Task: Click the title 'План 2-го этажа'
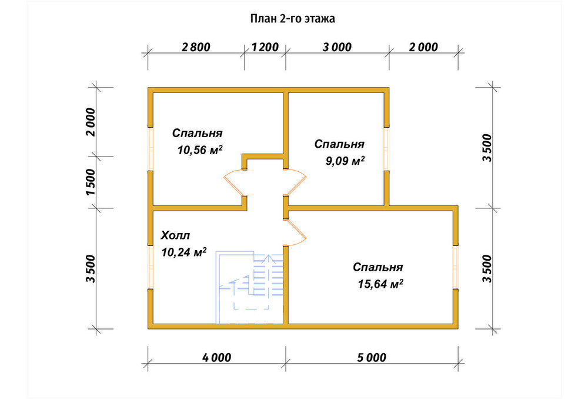click(x=292, y=18)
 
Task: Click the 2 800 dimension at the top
click(x=196, y=47)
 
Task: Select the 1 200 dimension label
click(x=265, y=47)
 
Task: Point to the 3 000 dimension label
click(x=337, y=47)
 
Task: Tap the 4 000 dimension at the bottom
click(x=217, y=357)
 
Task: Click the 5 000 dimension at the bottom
click(x=372, y=357)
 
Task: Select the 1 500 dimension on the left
click(x=91, y=182)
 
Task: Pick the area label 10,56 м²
click(x=200, y=149)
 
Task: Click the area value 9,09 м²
click(x=345, y=161)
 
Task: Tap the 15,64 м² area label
click(x=380, y=284)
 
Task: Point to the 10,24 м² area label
click(x=183, y=252)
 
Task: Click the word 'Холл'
click(x=175, y=236)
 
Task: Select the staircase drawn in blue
click(x=249, y=287)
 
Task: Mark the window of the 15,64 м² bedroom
click(x=455, y=268)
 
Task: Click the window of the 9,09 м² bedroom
click(x=386, y=149)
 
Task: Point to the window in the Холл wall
click(x=151, y=268)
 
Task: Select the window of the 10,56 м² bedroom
click(x=151, y=149)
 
